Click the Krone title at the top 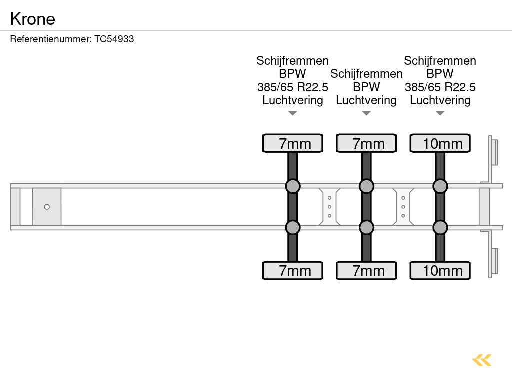click(x=33, y=19)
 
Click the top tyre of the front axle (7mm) click(x=293, y=143)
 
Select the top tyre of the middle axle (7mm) click(x=366, y=143)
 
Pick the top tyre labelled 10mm click(x=440, y=143)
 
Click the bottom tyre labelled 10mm click(x=440, y=271)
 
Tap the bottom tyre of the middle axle click(x=366, y=271)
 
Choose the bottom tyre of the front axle click(x=293, y=271)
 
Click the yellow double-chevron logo click(x=482, y=360)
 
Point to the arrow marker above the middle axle click(x=366, y=113)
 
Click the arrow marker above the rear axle click(x=440, y=113)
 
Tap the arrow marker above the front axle click(x=293, y=113)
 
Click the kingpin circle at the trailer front click(x=47, y=207)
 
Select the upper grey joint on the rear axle click(x=440, y=186)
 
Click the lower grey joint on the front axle click(x=293, y=228)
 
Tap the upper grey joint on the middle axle click(x=366, y=186)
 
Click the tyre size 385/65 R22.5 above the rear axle click(x=440, y=87)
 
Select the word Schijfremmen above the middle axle click(x=366, y=74)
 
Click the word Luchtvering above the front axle click(x=293, y=100)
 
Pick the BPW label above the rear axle click(x=440, y=74)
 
